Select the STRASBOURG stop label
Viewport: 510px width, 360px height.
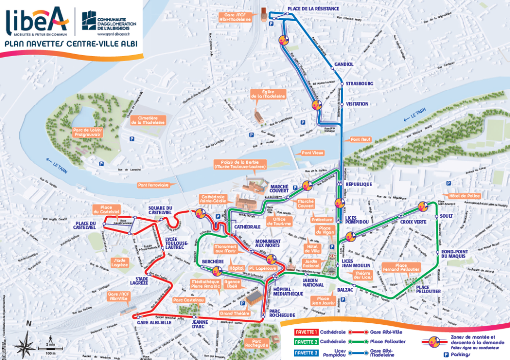coord(360,83)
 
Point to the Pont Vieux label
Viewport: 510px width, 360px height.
coord(311,152)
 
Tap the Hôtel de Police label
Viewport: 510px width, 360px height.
coord(461,195)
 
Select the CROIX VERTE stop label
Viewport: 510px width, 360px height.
coord(413,222)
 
